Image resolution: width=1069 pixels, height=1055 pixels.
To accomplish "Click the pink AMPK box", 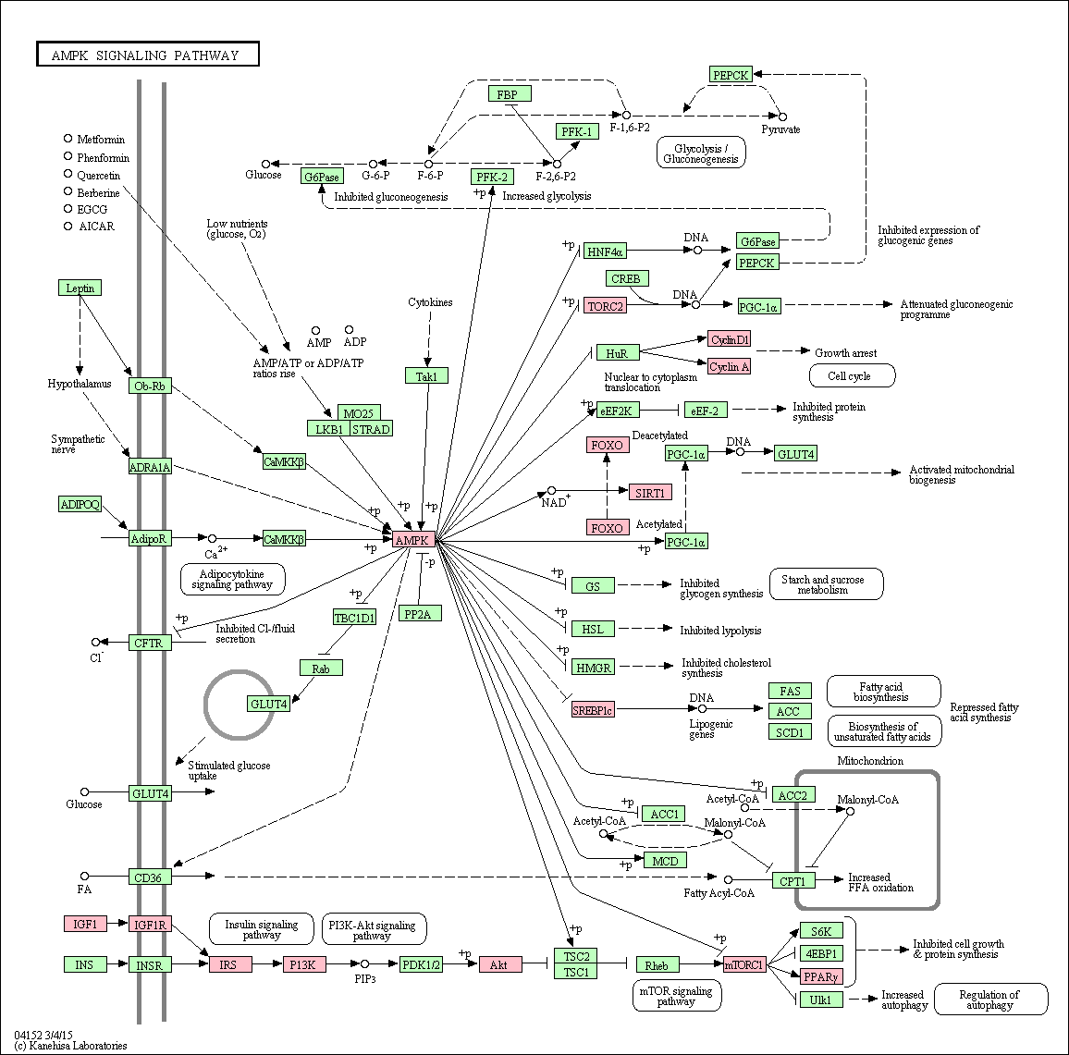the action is (x=413, y=540).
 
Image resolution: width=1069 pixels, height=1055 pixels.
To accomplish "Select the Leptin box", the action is (x=80, y=288).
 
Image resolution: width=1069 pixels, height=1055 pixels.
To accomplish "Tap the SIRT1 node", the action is (x=650, y=492).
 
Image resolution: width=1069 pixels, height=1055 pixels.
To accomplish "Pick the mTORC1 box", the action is (x=744, y=964).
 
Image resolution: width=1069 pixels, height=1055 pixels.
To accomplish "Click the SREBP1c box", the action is (x=593, y=709).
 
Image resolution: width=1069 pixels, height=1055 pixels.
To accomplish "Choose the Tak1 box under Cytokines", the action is (x=427, y=375).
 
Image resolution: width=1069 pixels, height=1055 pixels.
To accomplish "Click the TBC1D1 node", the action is (x=354, y=618).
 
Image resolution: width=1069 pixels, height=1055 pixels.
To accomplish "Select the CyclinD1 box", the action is (x=730, y=338).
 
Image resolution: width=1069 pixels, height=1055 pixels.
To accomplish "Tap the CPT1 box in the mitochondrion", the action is (x=793, y=880).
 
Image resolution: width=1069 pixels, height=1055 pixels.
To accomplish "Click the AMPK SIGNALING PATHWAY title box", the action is (x=147, y=55).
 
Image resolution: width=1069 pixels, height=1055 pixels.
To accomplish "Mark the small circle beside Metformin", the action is (x=68, y=139).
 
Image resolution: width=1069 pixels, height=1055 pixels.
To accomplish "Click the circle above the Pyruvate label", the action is (x=782, y=117).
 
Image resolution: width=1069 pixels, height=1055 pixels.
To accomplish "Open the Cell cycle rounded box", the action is (x=852, y=375).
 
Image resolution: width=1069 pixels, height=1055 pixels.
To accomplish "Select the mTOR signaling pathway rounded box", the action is (x=676, y=996).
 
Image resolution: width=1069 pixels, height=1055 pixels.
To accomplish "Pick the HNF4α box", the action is (x=604, y=251).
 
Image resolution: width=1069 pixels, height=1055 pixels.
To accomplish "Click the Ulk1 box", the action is (x=821, y=1000).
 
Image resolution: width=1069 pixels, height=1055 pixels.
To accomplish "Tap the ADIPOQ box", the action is (x=80, y=504).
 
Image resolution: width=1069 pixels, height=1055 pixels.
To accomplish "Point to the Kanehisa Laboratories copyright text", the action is (x=70, y=1046).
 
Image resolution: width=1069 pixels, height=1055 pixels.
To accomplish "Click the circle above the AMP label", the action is (x=315, y=330).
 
